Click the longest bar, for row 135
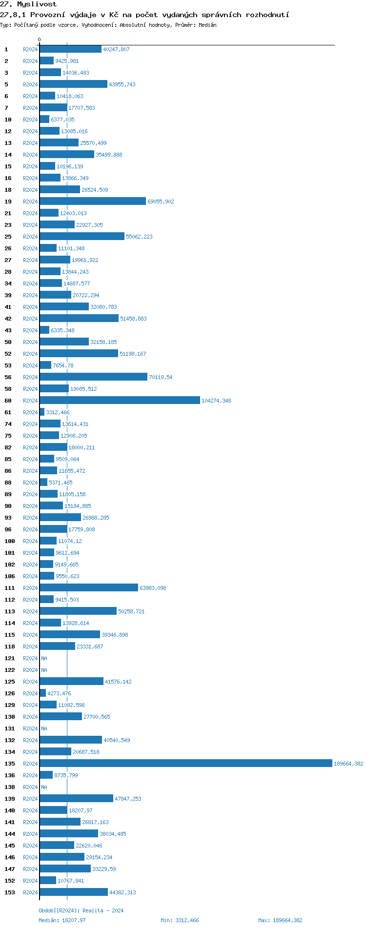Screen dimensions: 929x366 (185, 764)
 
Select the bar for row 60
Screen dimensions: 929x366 (120, 401)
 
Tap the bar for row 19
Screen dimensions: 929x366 (93, 202)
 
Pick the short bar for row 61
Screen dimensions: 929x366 (42, 412)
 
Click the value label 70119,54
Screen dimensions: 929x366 (161, 377)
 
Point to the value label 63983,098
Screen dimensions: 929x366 (153, 588)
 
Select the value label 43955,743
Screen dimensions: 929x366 (122, 84)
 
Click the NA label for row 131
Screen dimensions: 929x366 (44, 728)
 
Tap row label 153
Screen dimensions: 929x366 (10, 892)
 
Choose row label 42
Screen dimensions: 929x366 (8, 319)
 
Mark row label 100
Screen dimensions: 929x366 (10, 541)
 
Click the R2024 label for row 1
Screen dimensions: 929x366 (30, 49)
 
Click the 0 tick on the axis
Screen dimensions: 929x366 (40, 40)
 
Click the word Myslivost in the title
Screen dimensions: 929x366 (37, 4)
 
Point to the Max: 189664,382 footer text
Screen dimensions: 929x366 (280, 920)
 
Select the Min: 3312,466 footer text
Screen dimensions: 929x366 (180, 920)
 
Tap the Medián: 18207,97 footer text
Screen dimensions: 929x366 (62, 920)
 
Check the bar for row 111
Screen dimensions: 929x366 (89, 588)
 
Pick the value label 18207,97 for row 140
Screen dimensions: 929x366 (81, 810)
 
